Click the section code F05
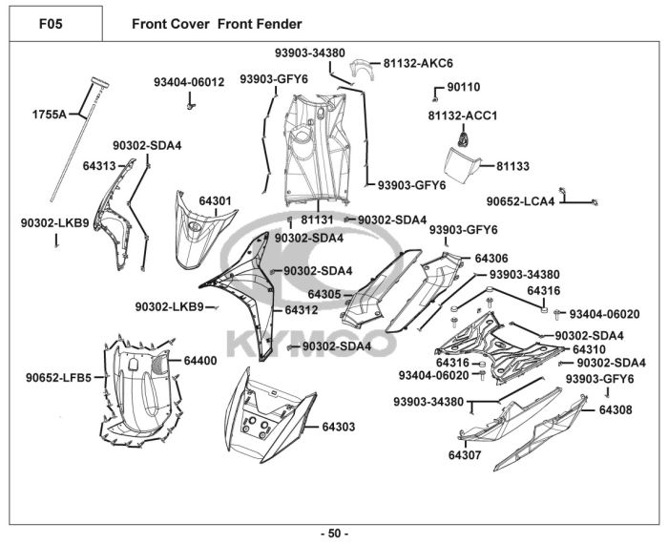coord(51,24)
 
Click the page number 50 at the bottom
coord(334,534)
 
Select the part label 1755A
coord(50,115)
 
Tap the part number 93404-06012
coord(189,82)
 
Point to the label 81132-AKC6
coord(418,64)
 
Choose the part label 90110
coord(464,87)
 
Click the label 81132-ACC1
coord(463,115)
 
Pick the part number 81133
coord(513,166)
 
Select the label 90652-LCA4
coord(521,201)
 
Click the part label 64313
coord(99,166)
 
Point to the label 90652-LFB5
coord(58,377)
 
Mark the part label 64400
coord(200,361)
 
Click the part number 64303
coord(338,427)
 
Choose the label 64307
coord(465,455)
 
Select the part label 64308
coord(616,409)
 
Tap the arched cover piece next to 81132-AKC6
coord(362,69)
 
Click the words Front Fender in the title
coord(260,24)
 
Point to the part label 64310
coord(589,349)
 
